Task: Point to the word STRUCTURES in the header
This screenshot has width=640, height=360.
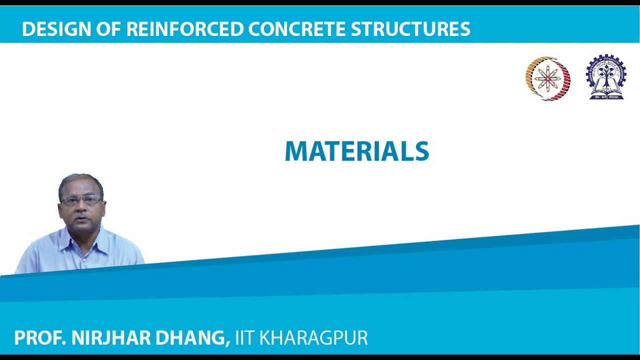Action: click(x=410, y=29)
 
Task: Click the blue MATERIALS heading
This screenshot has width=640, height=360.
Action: click(x=357, y=151)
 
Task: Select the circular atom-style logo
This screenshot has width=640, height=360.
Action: click(x=548, y=78)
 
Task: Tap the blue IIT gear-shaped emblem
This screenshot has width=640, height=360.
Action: click(x=606, y=77)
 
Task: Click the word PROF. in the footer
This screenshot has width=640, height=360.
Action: click(x=40, y=338)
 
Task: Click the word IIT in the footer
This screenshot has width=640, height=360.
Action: click(x=245, y=338)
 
